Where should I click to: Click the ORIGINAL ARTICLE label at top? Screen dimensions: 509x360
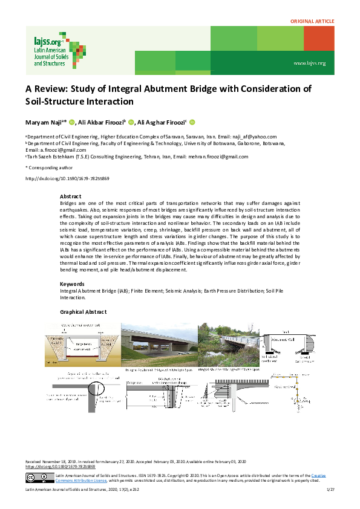pos(312,21)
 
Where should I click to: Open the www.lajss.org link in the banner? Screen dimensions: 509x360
pos(309,63)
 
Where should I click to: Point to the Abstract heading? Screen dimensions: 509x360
pos(71,196)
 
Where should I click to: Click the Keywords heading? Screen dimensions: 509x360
pos(73,284)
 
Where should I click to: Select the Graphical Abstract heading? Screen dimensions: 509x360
pos(83,312)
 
